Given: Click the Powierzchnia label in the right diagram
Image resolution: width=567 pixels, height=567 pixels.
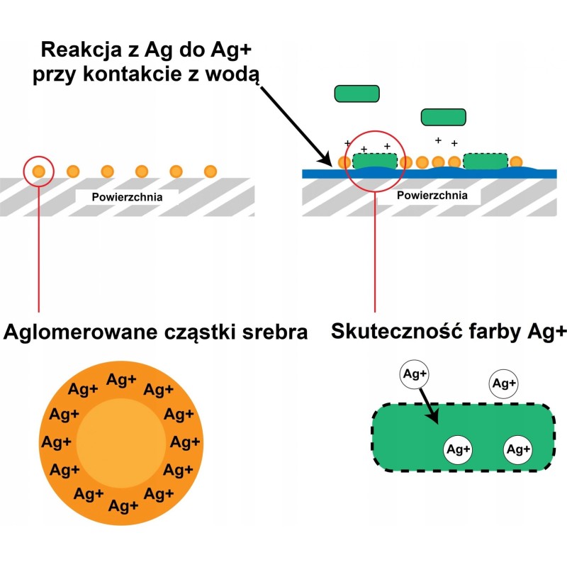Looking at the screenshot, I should point(432,196).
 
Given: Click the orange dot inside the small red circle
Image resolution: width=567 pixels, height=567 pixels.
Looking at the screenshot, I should point(38,171).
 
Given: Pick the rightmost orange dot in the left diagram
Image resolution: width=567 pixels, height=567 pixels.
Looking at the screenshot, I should point(210,171).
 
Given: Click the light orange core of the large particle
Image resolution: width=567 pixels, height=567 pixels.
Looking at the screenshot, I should point(120,442).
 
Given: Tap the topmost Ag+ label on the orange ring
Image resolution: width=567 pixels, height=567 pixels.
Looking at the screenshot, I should point(121,380).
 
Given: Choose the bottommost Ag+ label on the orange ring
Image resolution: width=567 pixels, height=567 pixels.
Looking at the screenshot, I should point(124,506).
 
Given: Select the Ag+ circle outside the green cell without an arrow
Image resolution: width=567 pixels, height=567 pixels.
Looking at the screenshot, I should point(503,383).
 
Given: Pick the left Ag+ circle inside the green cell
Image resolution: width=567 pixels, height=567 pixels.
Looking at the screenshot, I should point(459,449).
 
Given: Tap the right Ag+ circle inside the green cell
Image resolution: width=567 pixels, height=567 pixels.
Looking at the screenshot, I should point(519,449).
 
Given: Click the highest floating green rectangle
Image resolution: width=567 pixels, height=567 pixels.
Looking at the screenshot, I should point(357,93).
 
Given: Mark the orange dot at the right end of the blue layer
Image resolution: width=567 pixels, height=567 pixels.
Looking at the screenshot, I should point(516,162).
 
